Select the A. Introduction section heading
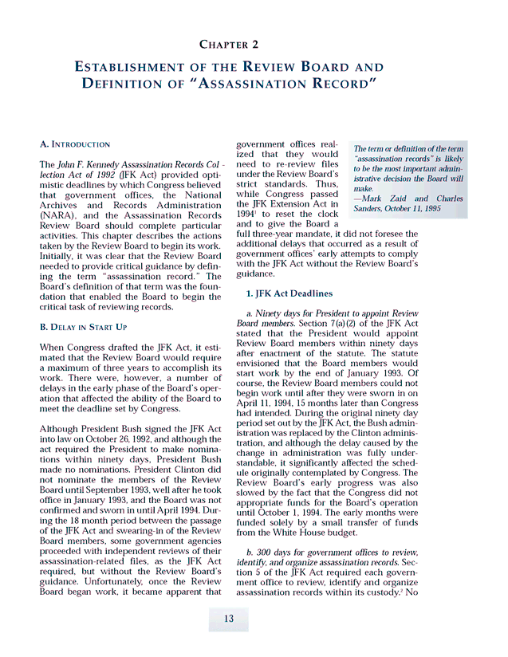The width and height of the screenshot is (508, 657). click(x=75, y=144)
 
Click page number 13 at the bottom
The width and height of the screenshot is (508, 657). click(x=228, y=619)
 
